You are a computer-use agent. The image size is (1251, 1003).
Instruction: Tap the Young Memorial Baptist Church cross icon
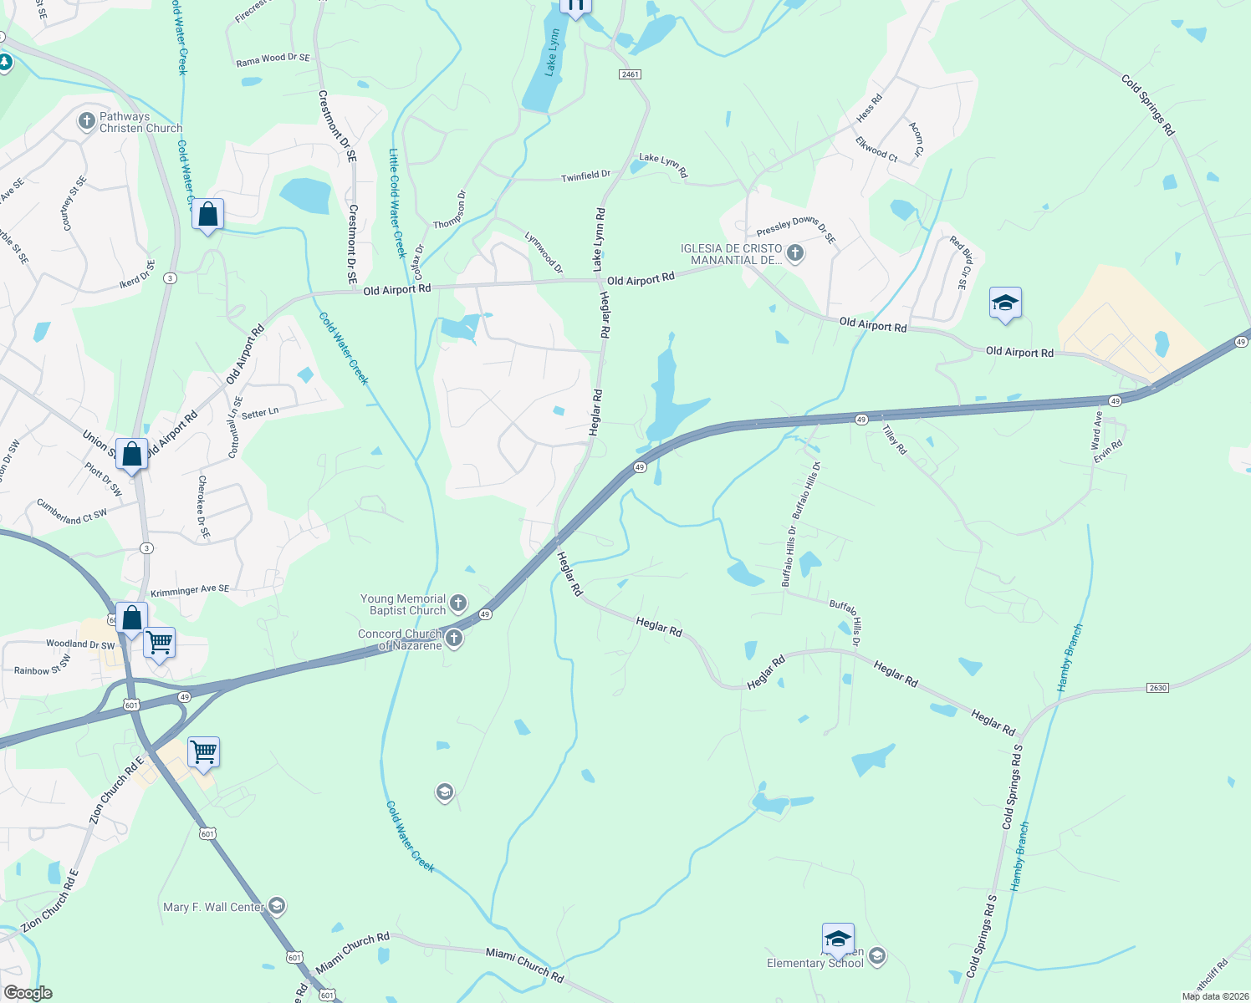point(458,603)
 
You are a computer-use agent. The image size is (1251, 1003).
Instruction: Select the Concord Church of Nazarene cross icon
point(454,639)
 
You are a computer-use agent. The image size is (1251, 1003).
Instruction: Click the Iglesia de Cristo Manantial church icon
point(795,252)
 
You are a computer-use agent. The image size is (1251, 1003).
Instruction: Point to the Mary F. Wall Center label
point(214,907)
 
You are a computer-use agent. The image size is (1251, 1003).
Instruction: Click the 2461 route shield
point(630,74)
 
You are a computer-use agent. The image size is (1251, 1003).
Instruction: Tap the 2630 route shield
point(1157,688)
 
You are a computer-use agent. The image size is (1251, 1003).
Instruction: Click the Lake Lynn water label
point(552,53)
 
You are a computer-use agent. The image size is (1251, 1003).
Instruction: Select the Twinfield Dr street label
point(585,176)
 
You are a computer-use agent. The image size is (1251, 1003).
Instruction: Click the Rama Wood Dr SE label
point(273,59)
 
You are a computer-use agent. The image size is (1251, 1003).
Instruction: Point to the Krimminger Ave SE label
point(190,590)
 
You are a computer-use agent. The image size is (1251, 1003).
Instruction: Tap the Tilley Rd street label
point(895,439)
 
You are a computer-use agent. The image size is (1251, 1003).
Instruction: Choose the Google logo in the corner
point(28,993)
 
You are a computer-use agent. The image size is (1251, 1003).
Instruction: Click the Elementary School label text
point(814,963)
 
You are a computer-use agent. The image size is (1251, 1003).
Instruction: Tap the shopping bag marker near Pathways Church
point(207,215)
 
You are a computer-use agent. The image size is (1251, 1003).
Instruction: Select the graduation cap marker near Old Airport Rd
point(1004,303)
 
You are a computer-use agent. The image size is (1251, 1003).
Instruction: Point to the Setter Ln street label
point(260,413)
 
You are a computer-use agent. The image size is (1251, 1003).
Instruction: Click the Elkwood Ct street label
point(876,150)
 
